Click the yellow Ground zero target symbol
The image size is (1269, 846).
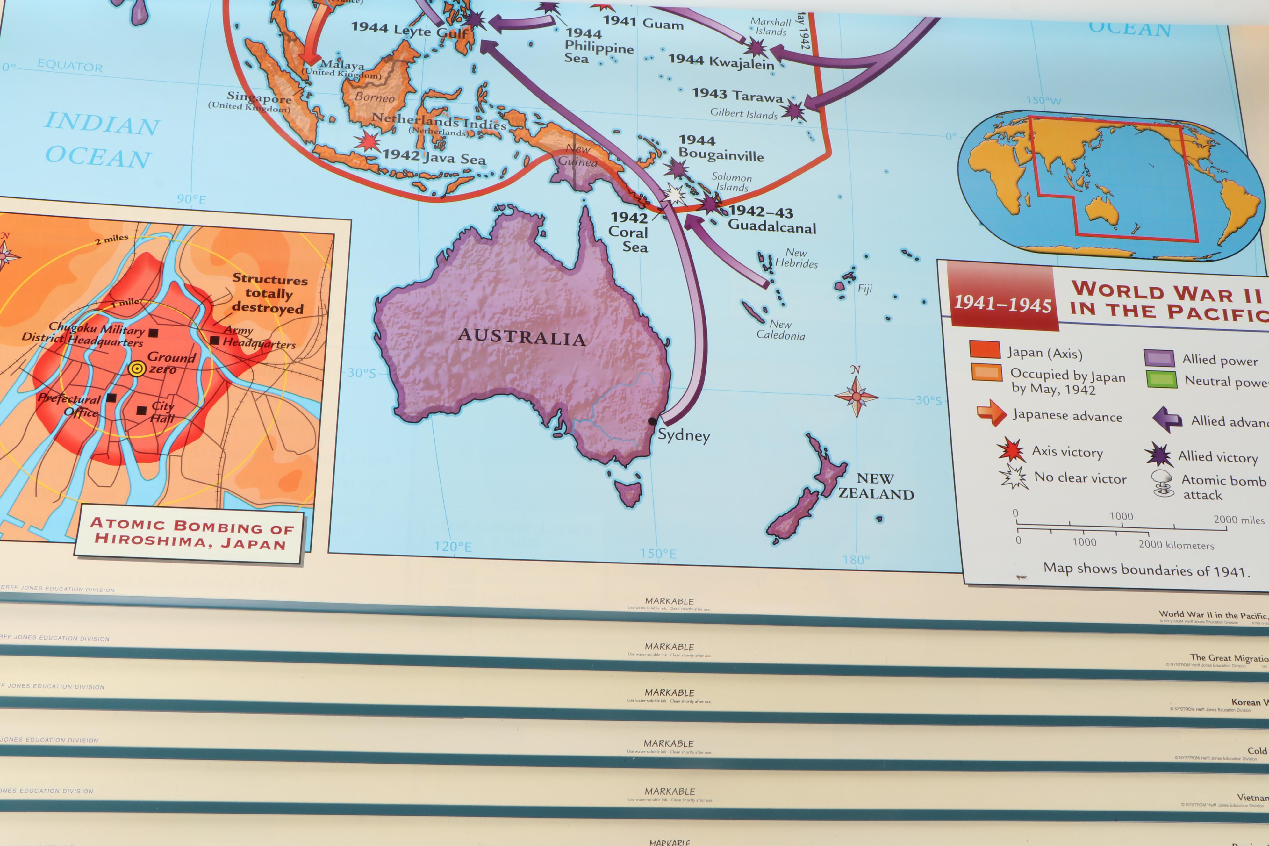(x=137, y=369)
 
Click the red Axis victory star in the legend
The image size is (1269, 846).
(x=1011, y=450)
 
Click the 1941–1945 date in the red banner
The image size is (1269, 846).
(x=1002, y=304)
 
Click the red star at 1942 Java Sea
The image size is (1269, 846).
(x=368, y=141)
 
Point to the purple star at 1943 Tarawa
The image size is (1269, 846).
(x=792, y=111)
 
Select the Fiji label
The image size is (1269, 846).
(x=864, y=289)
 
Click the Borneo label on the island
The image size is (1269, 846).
(x=375, y=98)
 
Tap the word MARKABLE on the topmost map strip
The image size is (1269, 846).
(x=669, y=601)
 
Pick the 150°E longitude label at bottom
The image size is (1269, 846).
(x=658, y=554)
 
